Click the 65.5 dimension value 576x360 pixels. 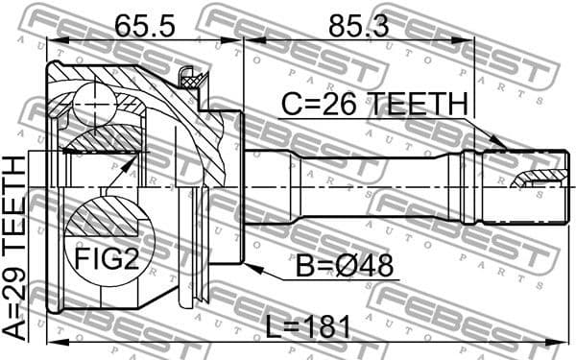pos(144,25)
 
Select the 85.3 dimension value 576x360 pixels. pos(358,25)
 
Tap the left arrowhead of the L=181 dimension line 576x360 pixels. pos(56,340)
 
